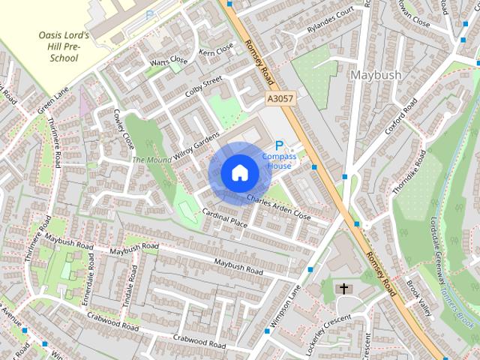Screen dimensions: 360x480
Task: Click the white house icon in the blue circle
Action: pyautogui.click(x=239, y=172)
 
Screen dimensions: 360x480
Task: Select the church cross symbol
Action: pyautogui.click(x=344, y=288)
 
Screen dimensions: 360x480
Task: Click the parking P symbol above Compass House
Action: pyautogui.click(x=280, y=145)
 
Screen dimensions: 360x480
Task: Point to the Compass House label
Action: pyautogui.click(x=279, y=160)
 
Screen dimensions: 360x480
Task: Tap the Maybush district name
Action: pyautogui.click(x=376, y=75)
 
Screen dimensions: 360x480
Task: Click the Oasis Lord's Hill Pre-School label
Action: pyautogui.click(x=64, y=47)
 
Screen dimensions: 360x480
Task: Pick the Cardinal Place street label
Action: pyautogui.click(x=224, y=218)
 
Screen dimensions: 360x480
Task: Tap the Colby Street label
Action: pyautogui.click(x=204, y=87)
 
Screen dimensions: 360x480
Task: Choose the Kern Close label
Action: pyautogui.click(x=217, y=50)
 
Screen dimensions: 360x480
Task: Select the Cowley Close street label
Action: pyautogui.click(x=122, y=129)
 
